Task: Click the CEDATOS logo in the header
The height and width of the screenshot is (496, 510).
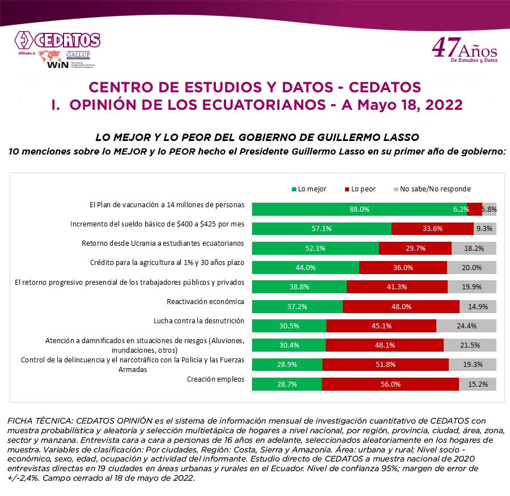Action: pyautogui.click(x=57, y=41)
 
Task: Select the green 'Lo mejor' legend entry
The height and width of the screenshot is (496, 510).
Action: pyautogui.click(x=309, y=189)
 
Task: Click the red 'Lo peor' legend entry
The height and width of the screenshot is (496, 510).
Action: pyautogui.click(x=359, y=189)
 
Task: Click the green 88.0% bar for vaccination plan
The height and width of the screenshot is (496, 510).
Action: pyautogui.click(x=359, y=209)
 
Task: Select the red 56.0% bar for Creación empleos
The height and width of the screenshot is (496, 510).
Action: pyautogui.click(x=390, y=384)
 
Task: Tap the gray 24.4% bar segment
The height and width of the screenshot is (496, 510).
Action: pyautogui.click(x=466, y=326)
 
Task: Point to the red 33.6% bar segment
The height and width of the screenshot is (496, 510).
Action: pyautogui.click(x=432, y=229)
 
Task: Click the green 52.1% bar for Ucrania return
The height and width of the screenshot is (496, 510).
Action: pyautogui.click(x=315, y=248)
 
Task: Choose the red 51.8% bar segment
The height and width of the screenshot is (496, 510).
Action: pyautogui.click(x=385, y=365)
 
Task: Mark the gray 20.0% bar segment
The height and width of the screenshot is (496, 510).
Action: pyautogui.click(x=471, y=268)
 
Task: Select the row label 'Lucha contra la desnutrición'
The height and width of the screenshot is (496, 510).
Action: pyautogui.click(x=199, y=320)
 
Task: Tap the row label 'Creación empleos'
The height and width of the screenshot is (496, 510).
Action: pyautogui.click(x=215, y=379)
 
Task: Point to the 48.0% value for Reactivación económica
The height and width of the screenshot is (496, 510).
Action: pyautogui.click(x=401, y=306)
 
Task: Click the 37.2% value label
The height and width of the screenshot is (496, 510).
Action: pyautogui.click(x=297, y=306)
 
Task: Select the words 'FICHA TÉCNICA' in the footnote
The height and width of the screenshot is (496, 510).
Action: pyautogui.click(x=37, y=421)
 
